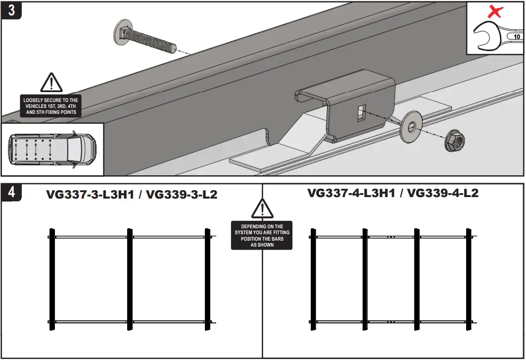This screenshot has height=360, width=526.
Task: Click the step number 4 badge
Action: [11, 193]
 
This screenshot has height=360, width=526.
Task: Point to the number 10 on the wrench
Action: [517, 37]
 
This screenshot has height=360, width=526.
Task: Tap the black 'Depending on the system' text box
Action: [262, 235]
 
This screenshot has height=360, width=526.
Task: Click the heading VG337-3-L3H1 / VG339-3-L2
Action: [132, 195]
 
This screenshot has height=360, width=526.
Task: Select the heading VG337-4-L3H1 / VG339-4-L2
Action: [393, 193]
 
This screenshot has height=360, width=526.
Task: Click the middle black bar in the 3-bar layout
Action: [130, 280]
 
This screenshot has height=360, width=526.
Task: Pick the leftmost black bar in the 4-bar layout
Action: [313, 280]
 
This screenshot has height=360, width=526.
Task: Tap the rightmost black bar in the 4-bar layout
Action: [469, 280]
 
